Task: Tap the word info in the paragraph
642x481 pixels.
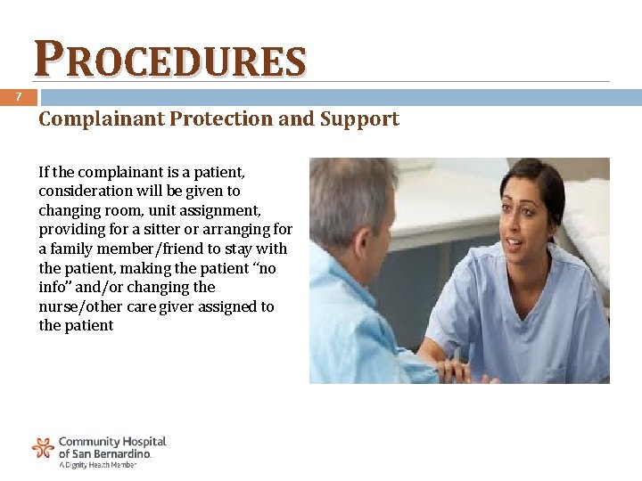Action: click(x=53, y=287)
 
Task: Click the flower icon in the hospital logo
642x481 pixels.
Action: click(x=43, y=447)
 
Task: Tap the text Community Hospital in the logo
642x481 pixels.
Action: click(x=112, y=441)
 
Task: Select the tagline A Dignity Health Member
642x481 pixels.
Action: click(x=97, y=465)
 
